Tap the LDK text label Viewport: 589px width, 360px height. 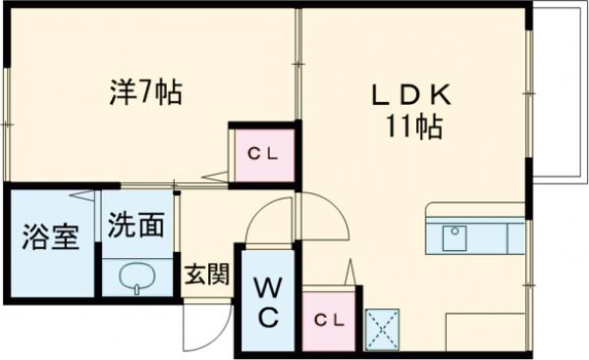pyautogui.click(x=409, y=95)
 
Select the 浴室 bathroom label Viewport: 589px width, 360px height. pyautogui.click(x=51, y=238)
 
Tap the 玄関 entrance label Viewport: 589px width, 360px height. pyautogui.click(x=206, y=274)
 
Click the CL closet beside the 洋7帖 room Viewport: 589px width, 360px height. pyautogui.click(x=262, y=153)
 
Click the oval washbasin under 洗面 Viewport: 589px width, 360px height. pyautogui.click(x=136, y=278)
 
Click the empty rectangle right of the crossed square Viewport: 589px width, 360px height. pyautogui.click(x=486, y=332)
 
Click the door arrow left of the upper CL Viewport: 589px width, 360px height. pyautogui.click(x=216, y=177)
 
